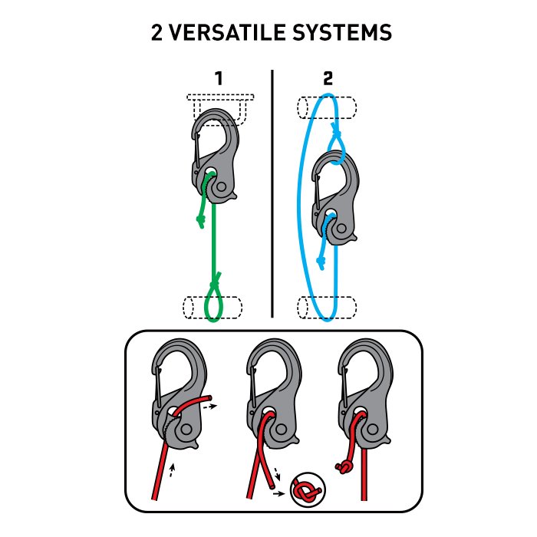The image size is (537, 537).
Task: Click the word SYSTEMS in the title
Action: click(342, 32)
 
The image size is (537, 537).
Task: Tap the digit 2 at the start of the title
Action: click(156, 32)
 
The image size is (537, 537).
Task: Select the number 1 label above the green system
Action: click(219, 78)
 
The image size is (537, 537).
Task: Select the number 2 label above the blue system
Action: click(328, 78)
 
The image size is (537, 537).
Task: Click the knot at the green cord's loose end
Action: click(200, 221)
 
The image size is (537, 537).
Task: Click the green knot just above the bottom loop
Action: click(215, 283)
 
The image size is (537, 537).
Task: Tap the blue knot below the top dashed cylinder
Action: click(335, 131)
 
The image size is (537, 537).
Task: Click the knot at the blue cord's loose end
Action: click(321, 262)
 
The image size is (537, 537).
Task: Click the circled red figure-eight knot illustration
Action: click(308, 489)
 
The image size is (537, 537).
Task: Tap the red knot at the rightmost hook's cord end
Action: click(344, 467)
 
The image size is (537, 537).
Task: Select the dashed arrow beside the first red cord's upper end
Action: click(210, 407)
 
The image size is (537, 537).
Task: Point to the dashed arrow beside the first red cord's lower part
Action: click(172, 470)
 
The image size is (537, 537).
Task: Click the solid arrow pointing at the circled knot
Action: click(278, 494)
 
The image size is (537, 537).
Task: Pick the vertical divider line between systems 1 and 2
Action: click(272, 194)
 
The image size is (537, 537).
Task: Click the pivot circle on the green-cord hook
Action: click(222, 187)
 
